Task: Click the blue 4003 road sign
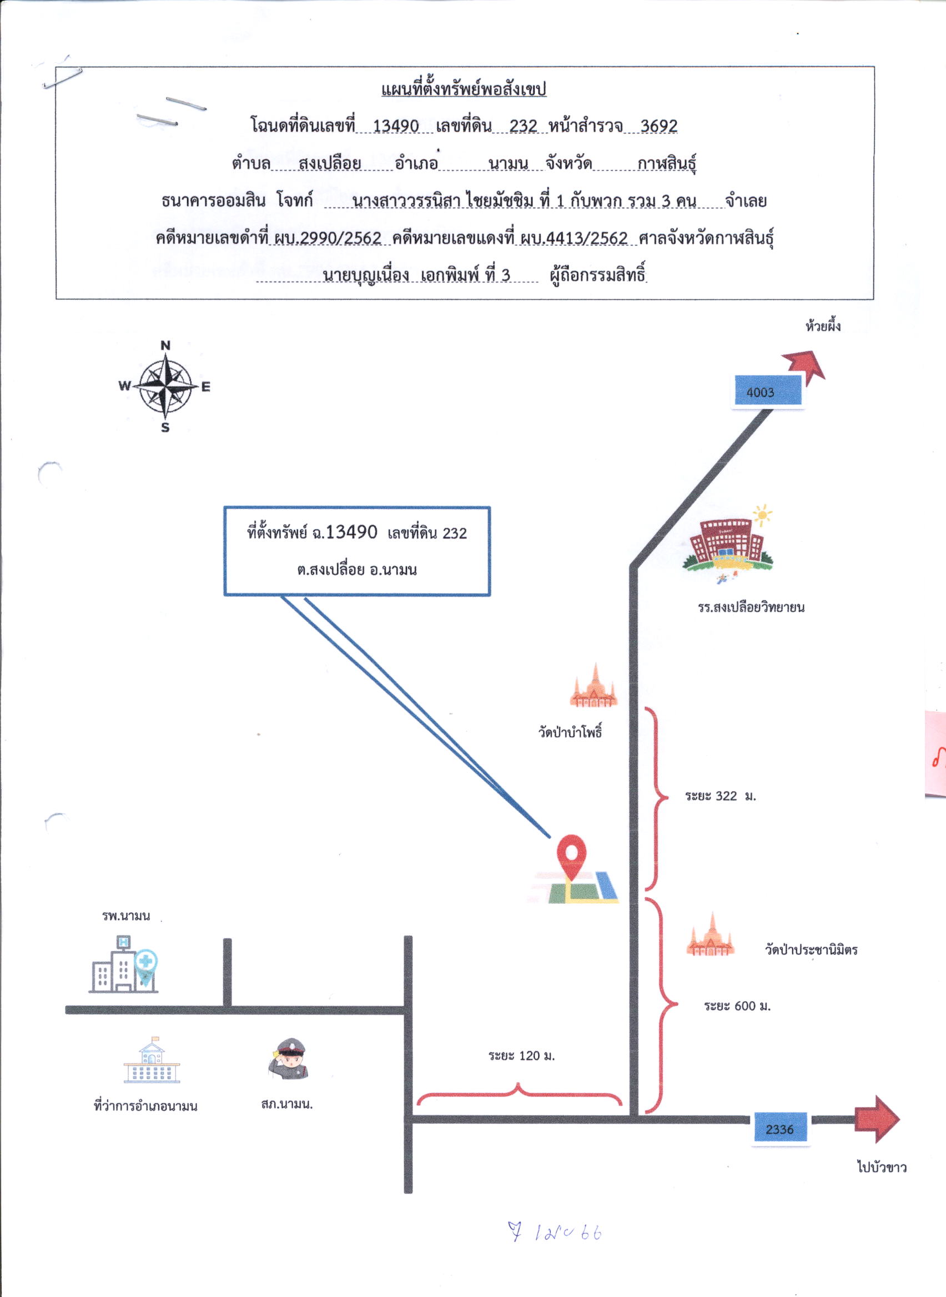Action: (767, 391)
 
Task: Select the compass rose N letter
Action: (165, 345)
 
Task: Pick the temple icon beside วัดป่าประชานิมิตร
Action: (710, 934)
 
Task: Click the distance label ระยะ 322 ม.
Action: (721, 796)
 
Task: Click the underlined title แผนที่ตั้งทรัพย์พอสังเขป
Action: (464, 89)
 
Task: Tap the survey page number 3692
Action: (658, 125)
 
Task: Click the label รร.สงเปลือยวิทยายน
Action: (751, 607)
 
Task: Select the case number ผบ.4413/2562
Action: (574, 238)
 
